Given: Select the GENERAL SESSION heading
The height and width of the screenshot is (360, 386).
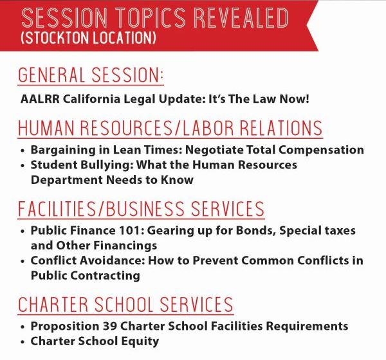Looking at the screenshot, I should coord(91,76).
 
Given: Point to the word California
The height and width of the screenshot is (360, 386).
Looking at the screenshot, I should coord(91,100).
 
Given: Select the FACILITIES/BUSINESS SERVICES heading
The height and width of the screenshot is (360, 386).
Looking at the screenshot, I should coord(141,209).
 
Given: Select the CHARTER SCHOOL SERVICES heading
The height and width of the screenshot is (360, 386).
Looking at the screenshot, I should coord(125,304).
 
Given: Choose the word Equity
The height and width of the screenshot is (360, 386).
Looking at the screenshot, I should coord(142,341).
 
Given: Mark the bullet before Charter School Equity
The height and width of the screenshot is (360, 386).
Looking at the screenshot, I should coord(23,341).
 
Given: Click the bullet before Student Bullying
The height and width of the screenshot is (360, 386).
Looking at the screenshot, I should coord(23,166).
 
